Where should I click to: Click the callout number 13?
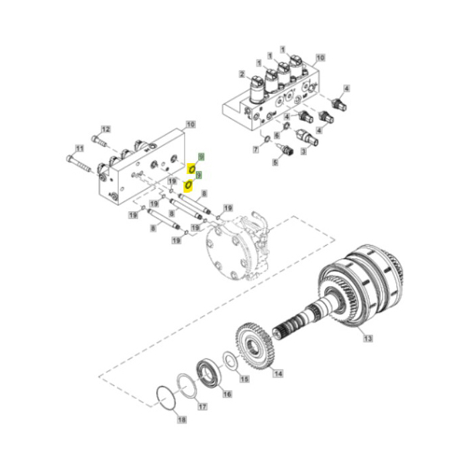[x=367, y=339]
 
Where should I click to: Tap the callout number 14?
[x=277, y=373]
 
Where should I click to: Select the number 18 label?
[x=181, y=420]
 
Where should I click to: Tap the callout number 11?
[x=79, y=148]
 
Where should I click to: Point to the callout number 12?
[x=105, y=129]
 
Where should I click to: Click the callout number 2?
[x=242, y=73]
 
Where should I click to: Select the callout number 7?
[x=256, y=148]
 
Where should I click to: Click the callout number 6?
[x=277, y=136]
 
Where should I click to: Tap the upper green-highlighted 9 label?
[x=199, y=156]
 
